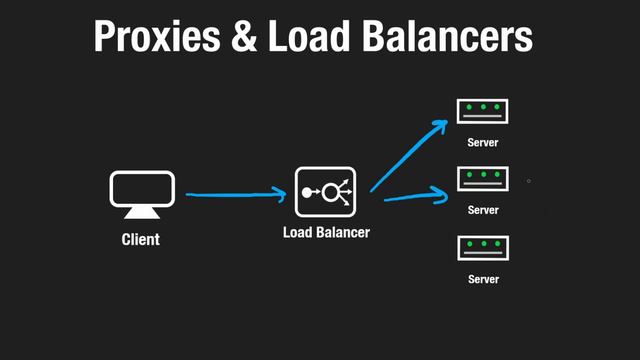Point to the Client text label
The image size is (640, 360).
tap(141, 240)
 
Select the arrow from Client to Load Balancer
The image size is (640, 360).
tap(236, 195)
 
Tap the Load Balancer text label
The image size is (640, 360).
tap(326, 233)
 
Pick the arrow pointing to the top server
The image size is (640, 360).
tap(408, 154)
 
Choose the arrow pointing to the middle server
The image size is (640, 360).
tap(415, 196)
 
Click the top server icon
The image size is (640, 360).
tap(483, 111)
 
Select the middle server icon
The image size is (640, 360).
tap(483, 178)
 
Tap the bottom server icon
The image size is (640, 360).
tap(483, 247)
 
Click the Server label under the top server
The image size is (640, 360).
tap(483, 142)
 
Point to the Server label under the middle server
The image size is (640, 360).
tap(483, 210)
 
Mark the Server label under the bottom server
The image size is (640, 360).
tap(483, 279)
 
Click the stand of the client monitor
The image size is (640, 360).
tap(141, 213)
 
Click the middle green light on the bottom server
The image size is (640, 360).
tap(483, 243)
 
